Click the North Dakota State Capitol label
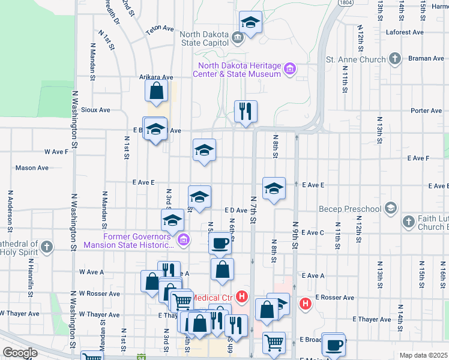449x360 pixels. (x=204, y=37)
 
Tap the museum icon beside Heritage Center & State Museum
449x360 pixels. (x=290, y=70)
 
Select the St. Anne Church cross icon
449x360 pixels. (x=394, y=59)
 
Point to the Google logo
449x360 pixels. (x=19, y=353)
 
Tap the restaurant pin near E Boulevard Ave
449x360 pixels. (x=246, y=111)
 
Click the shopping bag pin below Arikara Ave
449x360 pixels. (x=156, y=91)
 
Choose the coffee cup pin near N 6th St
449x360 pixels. (x=221, y=244)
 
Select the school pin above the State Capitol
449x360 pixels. (x=250, y=22)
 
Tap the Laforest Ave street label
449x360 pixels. (x=405, y=32)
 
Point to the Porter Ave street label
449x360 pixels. (x=426, y=110)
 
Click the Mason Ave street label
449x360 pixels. (x=32, y=168)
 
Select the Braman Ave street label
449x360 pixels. (x=427, y=58)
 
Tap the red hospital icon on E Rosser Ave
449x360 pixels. (x=305, y=304)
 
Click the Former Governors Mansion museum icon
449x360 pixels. (x=184, y=241)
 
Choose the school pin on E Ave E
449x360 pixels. (x=273, y=189)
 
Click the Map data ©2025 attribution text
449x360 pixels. (x=424, y=355)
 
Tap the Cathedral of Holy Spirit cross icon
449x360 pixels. (x=46, y=247)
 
